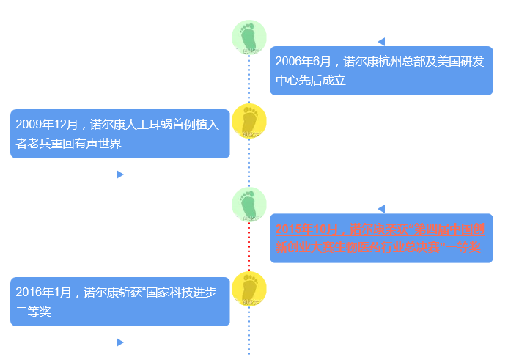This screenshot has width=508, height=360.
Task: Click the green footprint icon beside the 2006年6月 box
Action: pyautogui.click(x=249, y=37)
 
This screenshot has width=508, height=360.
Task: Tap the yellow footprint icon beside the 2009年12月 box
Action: pyautogui.click(x=249, y=122)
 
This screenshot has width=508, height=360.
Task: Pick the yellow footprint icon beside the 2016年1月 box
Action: pyautogui.click(x=249, y=289)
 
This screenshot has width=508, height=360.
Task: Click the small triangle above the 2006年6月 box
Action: pyautogui.click(x=381, y=42)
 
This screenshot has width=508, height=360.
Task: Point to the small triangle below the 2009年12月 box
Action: pyautogui.click(x=119, y=175)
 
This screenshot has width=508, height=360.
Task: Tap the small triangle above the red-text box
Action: pyautogui.click(x=381, y=209)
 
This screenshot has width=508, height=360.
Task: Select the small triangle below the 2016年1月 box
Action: pyautogui.click(x=119, y=342)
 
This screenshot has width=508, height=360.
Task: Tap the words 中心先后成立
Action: pyautogui.click(x=310, y=81)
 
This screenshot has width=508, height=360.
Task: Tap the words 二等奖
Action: pyautogui.click(x=34, y=312)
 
